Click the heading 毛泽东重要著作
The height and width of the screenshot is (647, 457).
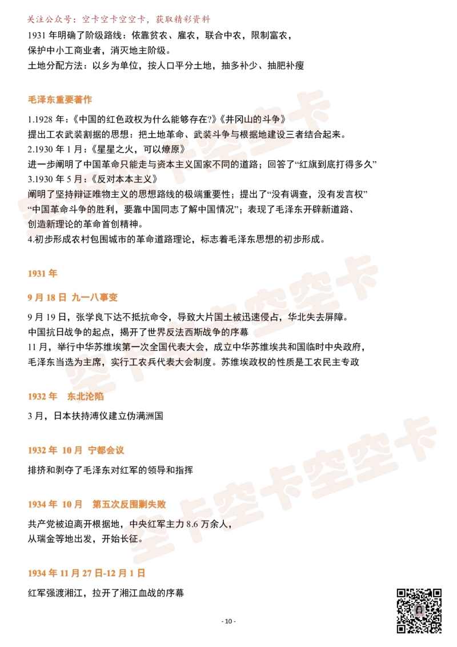pyautogui.click(x=59, y=99)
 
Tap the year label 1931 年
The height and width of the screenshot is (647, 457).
pyautogui.click(x=43, y=274)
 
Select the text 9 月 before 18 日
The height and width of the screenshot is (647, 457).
pyautogui.click(x=35, y=298)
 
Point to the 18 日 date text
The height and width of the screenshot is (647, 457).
pyautogui.click(x=57, y=298)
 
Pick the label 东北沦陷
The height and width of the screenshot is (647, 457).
pyautogui.click(x=86, y=396)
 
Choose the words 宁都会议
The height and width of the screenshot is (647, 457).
pyautogui.click(x=106, y=450)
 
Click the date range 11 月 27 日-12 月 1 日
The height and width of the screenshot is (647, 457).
pyautogui.click(x=103, y=573)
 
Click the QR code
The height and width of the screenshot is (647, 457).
pyautogui.click(x=420, y=612)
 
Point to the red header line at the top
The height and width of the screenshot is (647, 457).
pyautogui.click(x=117, y=21)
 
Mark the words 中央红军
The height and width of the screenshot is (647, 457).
pyautogui.click(x=146, y=524)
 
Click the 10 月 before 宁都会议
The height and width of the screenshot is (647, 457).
pyautogui.click(x=73, y=450)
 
